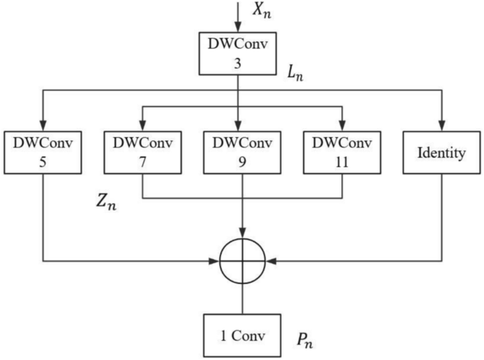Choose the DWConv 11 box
click(x=343, y=152)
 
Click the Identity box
click(x=442, y=152)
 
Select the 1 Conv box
click(x=242, y=335)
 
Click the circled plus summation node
click(x=242, y=261)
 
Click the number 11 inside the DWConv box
click(x=343, y=162)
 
